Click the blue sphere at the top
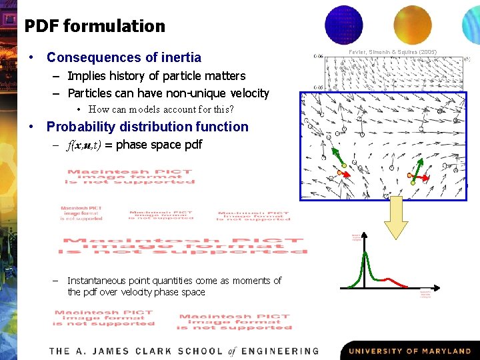coord(343,24)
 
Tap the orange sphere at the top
coord(413,24)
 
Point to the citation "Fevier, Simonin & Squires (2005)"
coord(393,51)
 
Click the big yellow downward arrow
coord(397,218)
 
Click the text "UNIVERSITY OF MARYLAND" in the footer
coord(409,351)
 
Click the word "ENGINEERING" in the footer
coord(280,351)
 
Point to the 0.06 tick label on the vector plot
coord(318,57)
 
